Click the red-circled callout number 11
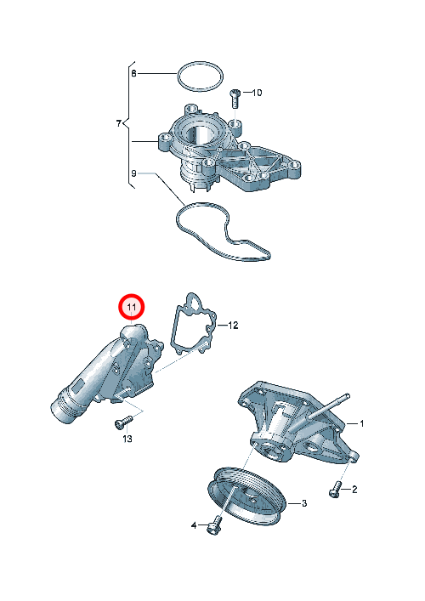[x=132, y=307]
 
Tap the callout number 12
[x=233, y=326]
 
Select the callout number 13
[x=127, y=439]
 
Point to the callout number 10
[x=257, y=93]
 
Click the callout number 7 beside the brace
[x=119, y=123]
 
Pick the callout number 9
[x=133, y=173]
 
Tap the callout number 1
[x=361, y=423]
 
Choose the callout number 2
[x=354, y=490]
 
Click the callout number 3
[x=304, y=503]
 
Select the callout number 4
[x=194, y=525]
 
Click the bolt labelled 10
[x=235, y=98]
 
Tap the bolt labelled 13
[x=122, y=422]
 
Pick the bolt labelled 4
[x=214, y=525]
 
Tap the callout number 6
[x=133, y=73]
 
